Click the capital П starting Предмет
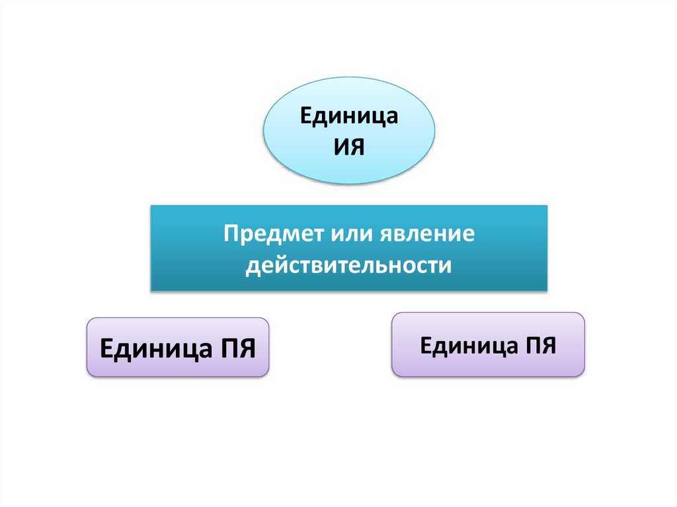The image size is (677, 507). point(229,235)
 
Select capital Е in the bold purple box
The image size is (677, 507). point(106,348)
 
